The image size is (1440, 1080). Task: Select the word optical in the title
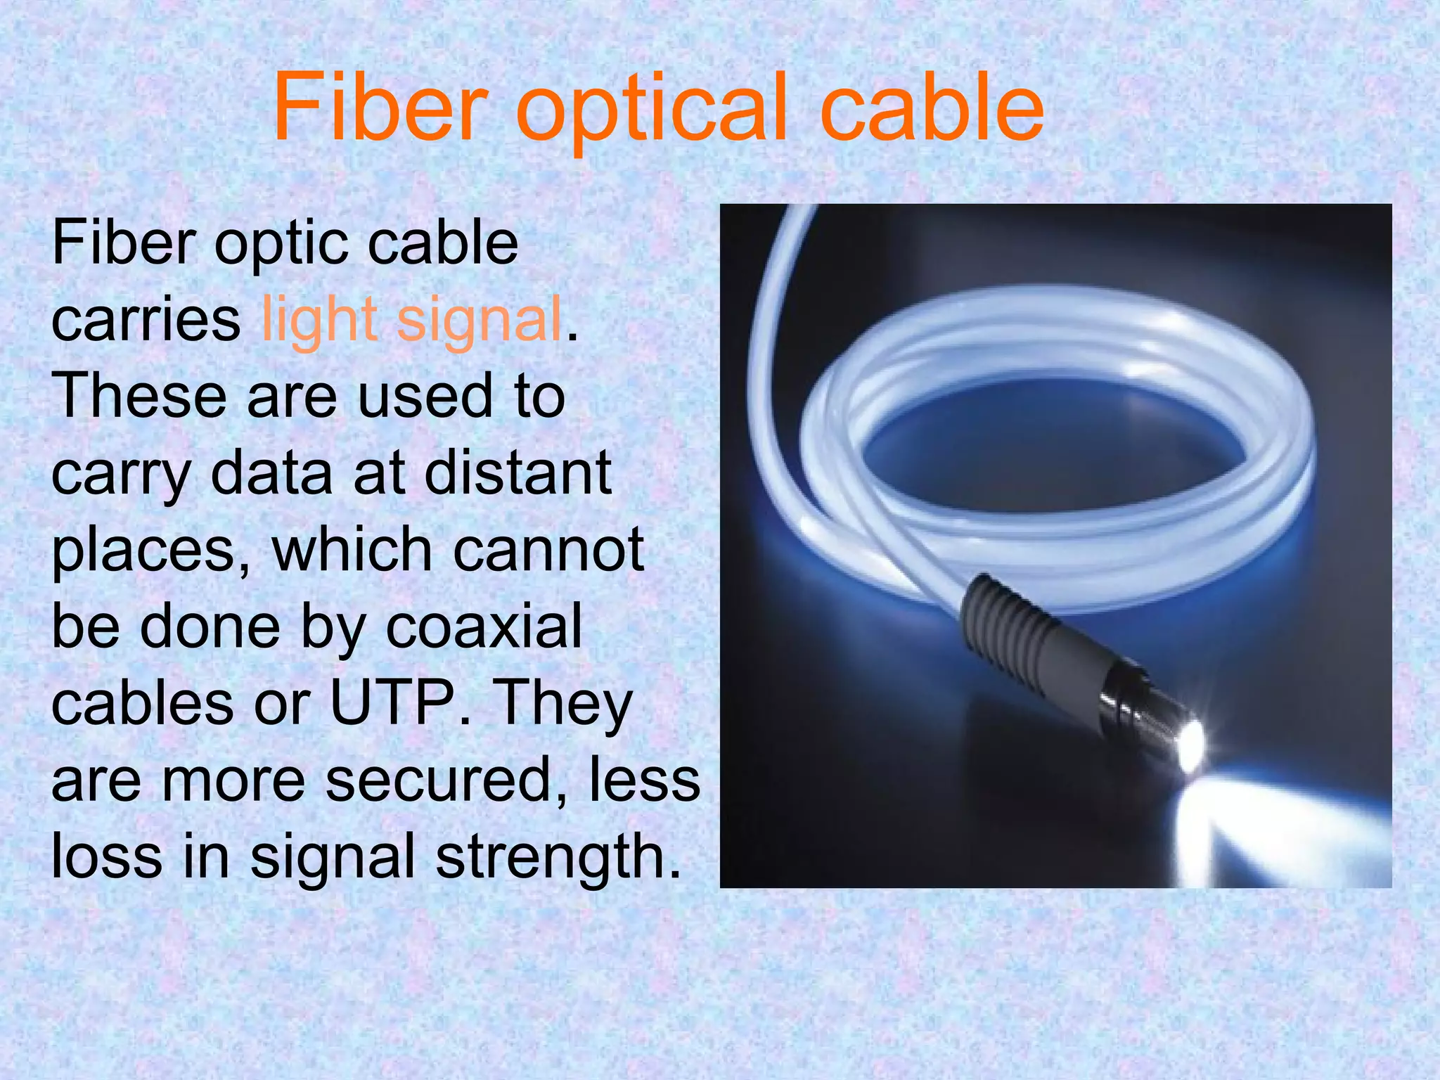[651, 112]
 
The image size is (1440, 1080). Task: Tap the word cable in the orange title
[932, 109]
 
